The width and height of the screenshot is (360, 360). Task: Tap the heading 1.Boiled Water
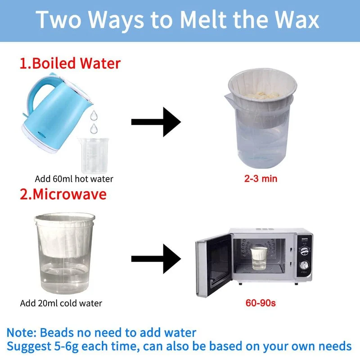click(x=70, y=63)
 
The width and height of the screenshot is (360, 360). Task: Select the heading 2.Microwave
click(x=63, y=194)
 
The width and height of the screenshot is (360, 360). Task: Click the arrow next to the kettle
click(x=156, y=122)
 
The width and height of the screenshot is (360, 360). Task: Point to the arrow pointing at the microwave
click(x=156, y=259)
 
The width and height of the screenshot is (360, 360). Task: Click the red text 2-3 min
click(x=261, y=179)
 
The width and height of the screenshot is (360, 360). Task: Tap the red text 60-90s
click(x=261, y=303)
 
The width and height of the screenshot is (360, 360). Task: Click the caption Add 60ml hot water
click(x=74, y=179)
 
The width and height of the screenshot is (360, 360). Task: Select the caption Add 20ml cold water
click(x=61, y=303)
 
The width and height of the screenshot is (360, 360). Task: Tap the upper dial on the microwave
click(x=305, y=251)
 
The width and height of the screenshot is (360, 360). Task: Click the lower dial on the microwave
click(x=304, y=265)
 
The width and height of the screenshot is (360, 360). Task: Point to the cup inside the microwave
click(x=259, y=258)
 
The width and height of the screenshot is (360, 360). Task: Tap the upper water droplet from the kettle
click(x=94, y=115)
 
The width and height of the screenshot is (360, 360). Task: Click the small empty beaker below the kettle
click(x=94, y=155)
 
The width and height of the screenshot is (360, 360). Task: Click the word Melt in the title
click(x=204, y=19)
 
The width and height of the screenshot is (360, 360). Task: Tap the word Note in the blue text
click(x=21, y=333)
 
